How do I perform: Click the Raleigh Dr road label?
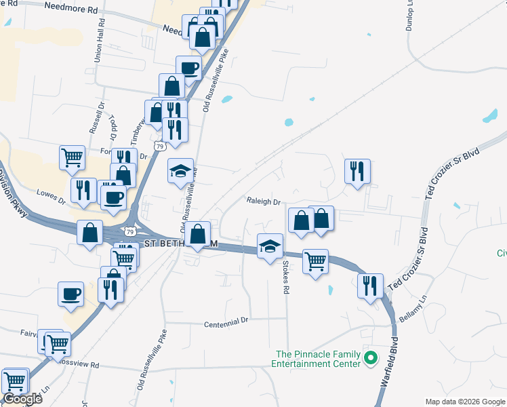(264, 201)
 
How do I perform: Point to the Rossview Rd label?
(81, 364)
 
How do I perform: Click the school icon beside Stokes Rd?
(270, 246)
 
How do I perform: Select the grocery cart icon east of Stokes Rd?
(315, 260)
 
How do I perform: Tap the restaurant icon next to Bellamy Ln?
(371, 285)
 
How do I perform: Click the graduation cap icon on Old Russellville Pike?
(181, 172)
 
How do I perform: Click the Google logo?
(22, 399)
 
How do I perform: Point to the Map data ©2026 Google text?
(464, 402)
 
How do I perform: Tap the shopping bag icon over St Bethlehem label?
(197, 235)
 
